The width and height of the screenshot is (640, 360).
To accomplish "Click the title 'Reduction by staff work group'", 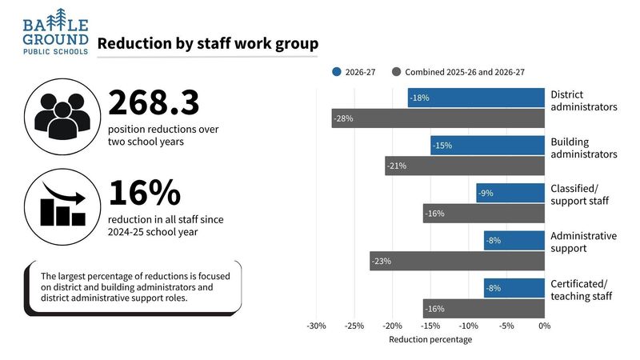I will (207, 45).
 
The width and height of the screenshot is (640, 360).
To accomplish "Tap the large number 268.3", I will (154, 102).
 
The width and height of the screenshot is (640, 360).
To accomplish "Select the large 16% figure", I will (145, 193).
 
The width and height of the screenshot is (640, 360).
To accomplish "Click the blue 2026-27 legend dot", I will (337, 72).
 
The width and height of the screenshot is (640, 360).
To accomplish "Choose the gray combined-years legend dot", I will (396, 72).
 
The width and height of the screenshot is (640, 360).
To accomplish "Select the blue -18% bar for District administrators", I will (475, 98).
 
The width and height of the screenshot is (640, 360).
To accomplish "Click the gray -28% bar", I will (438, 118).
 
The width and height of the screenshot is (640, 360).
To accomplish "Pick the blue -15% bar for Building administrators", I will (486, 146).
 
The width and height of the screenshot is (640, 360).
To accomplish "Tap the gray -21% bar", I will (464, 166).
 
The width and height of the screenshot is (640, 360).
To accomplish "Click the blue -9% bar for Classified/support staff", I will (510, 193).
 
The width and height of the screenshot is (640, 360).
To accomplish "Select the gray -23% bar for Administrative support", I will (456, 261).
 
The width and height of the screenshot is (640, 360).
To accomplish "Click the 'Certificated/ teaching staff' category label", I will (580, 290).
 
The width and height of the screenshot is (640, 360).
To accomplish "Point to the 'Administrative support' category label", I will (583, 242).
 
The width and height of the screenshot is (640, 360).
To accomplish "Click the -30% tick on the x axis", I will (316, 326).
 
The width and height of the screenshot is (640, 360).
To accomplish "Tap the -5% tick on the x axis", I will (506, 326).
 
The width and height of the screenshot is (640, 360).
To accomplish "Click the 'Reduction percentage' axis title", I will (430, 339).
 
